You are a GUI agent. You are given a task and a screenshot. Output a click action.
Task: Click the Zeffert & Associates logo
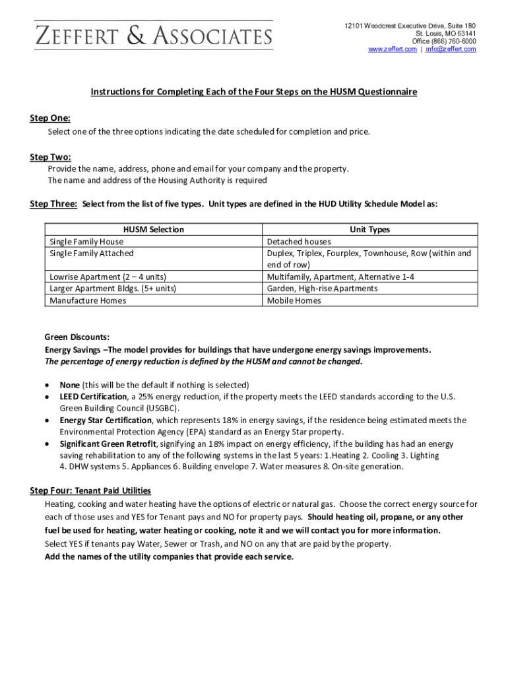click(153, 35)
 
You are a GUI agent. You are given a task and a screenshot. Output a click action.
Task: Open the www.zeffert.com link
click(392, 50)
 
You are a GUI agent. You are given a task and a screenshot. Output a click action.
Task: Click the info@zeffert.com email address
click(451, 50)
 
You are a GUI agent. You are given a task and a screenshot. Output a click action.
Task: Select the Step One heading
click(50, 118)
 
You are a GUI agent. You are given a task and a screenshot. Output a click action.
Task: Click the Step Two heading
click(50, 157)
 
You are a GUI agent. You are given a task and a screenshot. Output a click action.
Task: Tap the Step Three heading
click(53, 204)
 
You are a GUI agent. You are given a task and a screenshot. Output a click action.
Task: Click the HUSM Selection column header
click(154, 230)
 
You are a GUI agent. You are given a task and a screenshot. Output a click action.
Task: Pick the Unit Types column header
click(369, 230)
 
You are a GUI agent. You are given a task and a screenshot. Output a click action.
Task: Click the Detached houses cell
click(299, 242)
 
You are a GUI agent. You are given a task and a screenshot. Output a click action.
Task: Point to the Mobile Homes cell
click(294, 300)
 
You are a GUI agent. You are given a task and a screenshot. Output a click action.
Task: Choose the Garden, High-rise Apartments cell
click(322, 288)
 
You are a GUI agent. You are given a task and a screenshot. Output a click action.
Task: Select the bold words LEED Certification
click(93, 397)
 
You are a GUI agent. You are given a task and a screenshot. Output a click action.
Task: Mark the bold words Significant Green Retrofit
click(108, 444)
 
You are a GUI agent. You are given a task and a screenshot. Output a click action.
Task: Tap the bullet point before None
click(47, 385)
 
